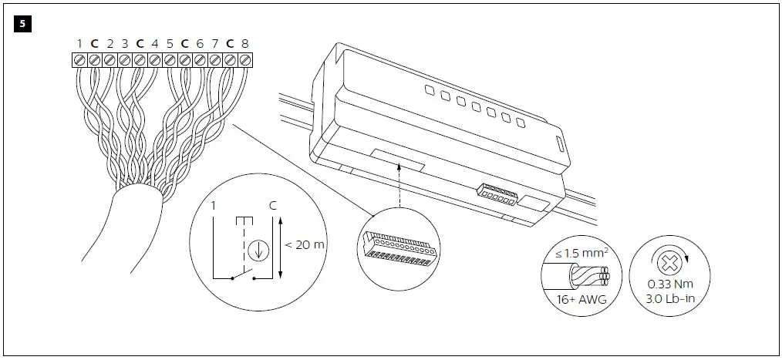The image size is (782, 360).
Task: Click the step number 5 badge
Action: [x=21, y=24]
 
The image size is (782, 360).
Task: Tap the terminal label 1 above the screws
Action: [x=79, y=45]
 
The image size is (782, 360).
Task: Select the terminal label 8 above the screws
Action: [x=244, y=45]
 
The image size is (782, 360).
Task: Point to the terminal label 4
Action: [x=154, y=45]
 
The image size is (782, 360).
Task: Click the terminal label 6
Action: [x=200, y=45]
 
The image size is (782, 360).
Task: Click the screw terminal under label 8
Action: [x=244, y=59]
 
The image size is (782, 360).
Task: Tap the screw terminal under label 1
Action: [x=79, y=59]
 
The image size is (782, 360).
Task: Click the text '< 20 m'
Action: [x=305, y=244]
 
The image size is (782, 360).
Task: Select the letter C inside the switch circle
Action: [x=273, y=206]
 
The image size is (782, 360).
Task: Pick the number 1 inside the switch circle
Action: [x=214, y=206]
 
